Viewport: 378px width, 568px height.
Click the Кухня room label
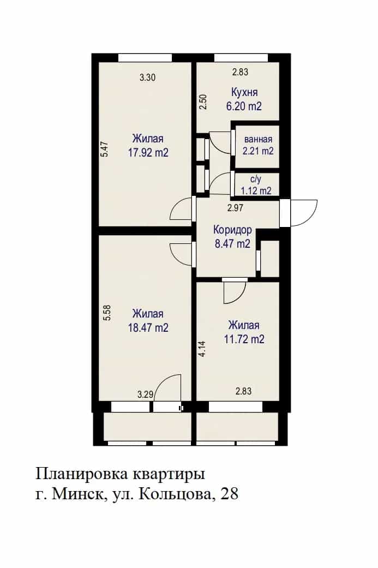click(244, 92)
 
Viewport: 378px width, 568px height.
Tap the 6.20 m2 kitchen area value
click(244, 106)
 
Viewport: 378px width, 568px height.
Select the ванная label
click(258, 140)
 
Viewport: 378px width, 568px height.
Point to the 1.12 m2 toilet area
click(256, 190)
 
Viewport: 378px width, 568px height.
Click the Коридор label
click(232, 230)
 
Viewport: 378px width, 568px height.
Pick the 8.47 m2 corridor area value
click(232, 244)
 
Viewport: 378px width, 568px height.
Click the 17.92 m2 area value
click(148, 153)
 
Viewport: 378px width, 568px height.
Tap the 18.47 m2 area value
click(148, 327)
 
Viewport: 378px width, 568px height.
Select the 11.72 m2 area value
click(244, 339)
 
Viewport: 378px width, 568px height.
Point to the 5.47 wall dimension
click(104, 148)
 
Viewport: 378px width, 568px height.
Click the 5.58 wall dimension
click(107, 313)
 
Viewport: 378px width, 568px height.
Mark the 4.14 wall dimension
click(202, 349)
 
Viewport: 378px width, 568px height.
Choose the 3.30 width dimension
click(148, 77)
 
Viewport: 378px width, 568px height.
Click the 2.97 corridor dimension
click(235, 208)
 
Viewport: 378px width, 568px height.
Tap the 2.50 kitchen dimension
click(203, 102)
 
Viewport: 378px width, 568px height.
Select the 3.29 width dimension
click(145, 394)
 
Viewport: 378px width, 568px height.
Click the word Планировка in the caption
click(82, 474)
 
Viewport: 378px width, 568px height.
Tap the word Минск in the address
click(77, 494)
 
